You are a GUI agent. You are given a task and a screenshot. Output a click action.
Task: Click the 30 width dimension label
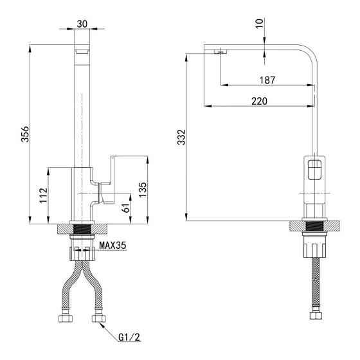pos(82,24)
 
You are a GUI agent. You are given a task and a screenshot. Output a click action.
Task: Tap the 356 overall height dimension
pos(25,134)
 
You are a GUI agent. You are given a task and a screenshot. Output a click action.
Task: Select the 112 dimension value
pos(44,195)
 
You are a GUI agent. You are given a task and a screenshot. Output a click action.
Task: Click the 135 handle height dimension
pos(143,190)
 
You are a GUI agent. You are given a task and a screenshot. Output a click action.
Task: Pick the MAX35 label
pos(113,246)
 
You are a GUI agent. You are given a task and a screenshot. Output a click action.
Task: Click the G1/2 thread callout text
pos(129,337)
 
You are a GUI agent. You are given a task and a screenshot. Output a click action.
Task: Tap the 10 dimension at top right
pos(259,23)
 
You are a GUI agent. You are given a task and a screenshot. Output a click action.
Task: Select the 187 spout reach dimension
pos(267,80)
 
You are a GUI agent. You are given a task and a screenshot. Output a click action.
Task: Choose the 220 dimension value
pos(260,101)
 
